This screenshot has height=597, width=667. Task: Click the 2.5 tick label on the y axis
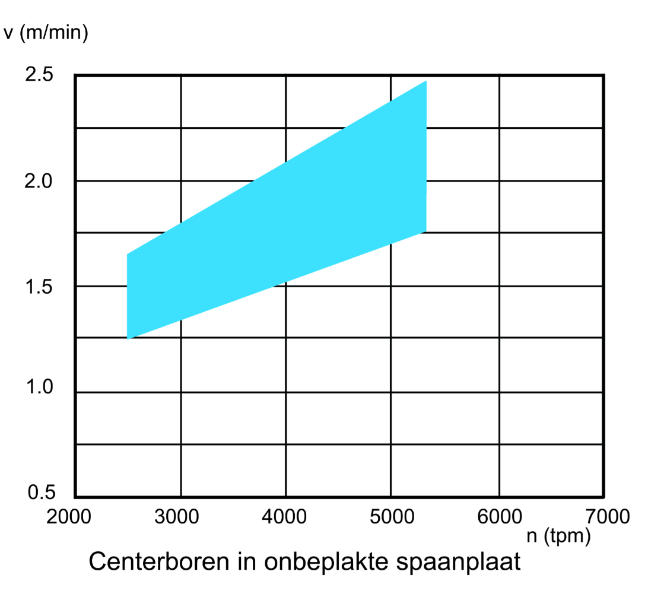coord(40,75)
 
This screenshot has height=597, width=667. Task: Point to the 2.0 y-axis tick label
coord(40,180)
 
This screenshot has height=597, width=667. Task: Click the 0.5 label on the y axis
coord(41,493)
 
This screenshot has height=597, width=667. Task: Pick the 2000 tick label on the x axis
coord(69,517)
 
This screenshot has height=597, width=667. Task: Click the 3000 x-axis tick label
coord(176,517)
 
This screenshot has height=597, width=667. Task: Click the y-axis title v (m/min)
coord(46,33)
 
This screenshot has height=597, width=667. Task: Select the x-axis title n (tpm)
coord(559,536)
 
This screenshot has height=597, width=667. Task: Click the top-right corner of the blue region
coord(426,81)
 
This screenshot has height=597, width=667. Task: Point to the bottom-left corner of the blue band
coord(128,338)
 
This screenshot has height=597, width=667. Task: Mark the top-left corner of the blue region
coord(128,254)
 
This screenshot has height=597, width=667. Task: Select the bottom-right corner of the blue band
coord(426,231)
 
